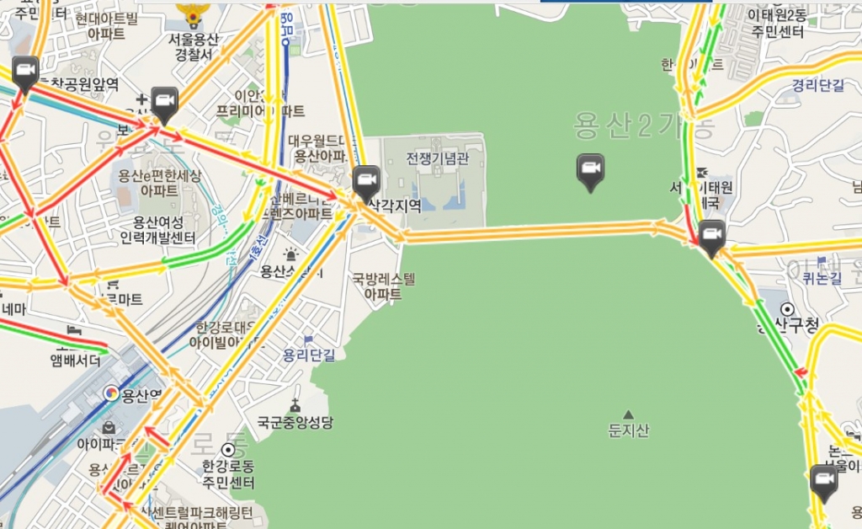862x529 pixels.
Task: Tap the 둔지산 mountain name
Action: [x=629, y=431]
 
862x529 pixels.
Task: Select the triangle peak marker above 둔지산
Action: [x=628, y=414]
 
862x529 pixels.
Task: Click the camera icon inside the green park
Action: [x=590, y=170]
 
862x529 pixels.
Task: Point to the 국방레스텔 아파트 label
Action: [x=384, y=286]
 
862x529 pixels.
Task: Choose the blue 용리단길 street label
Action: [x=309, y=355]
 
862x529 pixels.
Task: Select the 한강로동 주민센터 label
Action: [x=228, y=474]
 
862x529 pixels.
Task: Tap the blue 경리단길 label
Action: [x=817, y=85]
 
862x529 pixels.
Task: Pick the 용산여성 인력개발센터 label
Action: [x=164, y=231]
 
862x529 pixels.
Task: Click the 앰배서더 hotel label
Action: [x=76, y=361]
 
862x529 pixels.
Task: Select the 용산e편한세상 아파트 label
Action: [x=159, y=183]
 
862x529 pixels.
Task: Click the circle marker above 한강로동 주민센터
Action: [x=227, y=450]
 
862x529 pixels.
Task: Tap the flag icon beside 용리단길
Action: [x=309, y=340]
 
